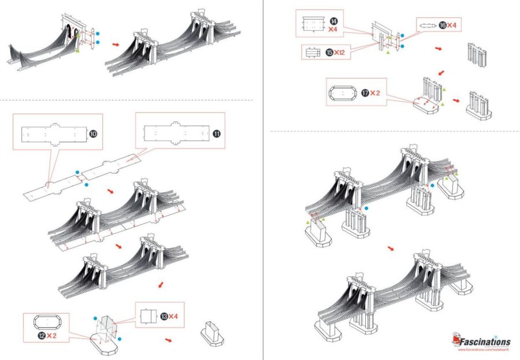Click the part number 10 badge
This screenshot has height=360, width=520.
point(93,133)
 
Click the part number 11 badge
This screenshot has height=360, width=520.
point(216,133)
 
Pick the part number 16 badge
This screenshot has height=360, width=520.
point(443,25)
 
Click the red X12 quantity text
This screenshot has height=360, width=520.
point(340,52)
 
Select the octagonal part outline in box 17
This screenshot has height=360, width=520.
point(344,93)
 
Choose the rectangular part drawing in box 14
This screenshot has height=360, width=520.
point(314,24)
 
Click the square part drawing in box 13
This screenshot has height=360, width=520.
point(149,317)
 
